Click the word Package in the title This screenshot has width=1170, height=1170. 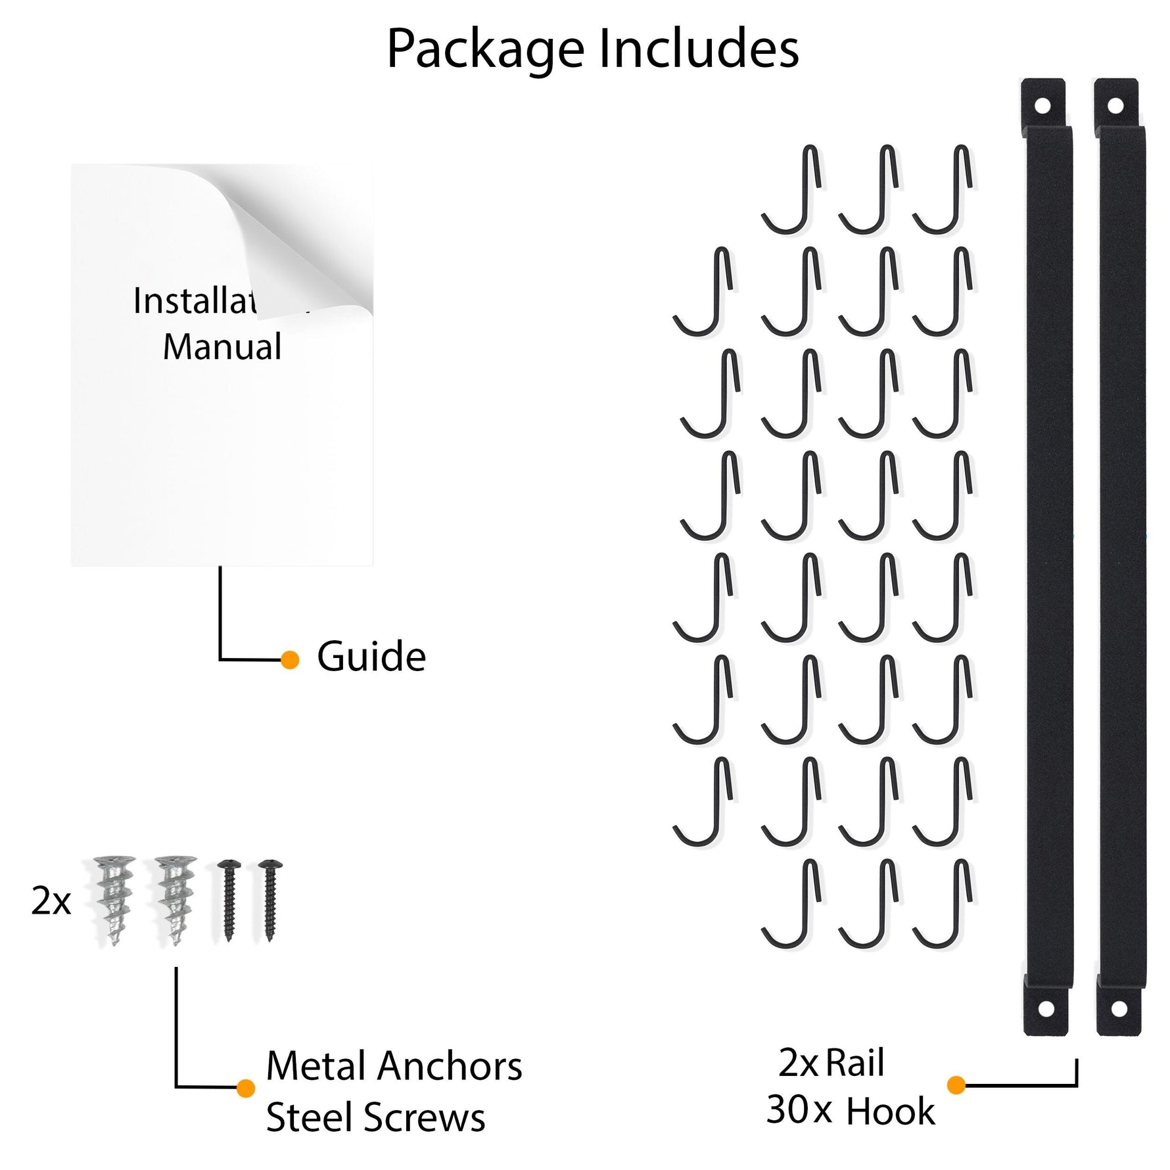pos(485,50)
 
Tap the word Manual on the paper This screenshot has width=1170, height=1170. pos(222,346)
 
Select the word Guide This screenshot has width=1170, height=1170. pos(371,657)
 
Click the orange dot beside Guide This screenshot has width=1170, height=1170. pos(290,659)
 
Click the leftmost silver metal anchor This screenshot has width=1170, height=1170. pos(114,899)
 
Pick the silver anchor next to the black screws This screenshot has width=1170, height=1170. pos(175,899)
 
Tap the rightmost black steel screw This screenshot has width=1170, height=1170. pos(269,899)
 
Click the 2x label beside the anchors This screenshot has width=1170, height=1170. pos(51,901)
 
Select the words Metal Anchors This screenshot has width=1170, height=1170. pos(394,1065)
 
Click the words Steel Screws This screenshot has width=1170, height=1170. pos(375,1117)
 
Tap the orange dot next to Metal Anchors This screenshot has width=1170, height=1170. pos(245,1088)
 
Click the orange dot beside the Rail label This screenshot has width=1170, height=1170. pos(956,1085)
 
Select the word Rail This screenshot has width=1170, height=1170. pos(854,1063)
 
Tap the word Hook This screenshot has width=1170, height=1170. pos(891,1111)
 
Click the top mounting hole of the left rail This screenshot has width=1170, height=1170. pos(1042,105)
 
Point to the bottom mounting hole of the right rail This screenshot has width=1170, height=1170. pos(1119,1008)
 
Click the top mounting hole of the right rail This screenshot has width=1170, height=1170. pos(1115,105)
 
